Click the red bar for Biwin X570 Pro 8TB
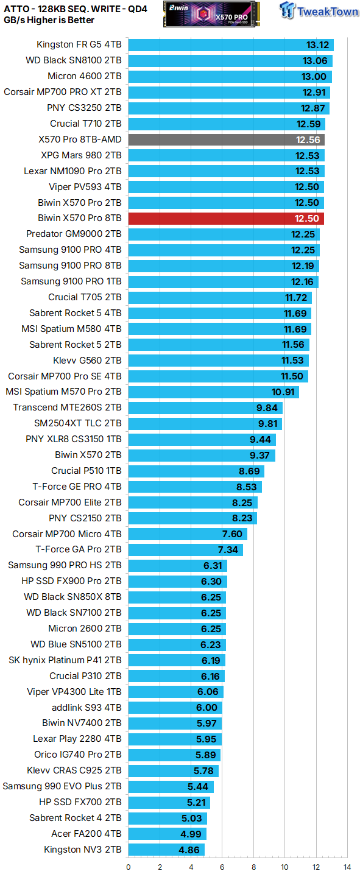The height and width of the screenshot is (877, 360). (226, 218)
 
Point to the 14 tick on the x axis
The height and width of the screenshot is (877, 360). (347, 866)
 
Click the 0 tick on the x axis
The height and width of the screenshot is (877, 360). (129, 866)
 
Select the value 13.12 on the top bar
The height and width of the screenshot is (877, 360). (317, 44)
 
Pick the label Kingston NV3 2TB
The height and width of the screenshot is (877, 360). (83, 850)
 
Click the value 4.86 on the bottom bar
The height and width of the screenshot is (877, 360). (189, 850)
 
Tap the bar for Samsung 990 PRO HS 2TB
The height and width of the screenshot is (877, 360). (177, 565)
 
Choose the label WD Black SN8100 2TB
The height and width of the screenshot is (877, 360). (74, 60)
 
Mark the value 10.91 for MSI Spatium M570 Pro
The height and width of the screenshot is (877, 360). (283, 392)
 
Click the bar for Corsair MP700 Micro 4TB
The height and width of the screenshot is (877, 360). (188, 534)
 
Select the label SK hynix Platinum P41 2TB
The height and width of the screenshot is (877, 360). (65, 660)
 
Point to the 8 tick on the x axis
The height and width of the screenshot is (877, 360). (253, 866)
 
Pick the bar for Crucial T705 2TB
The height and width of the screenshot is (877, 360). (220, 297)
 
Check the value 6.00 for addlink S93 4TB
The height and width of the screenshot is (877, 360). (206, 708)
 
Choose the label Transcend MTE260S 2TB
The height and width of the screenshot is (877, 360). (67, 407)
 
